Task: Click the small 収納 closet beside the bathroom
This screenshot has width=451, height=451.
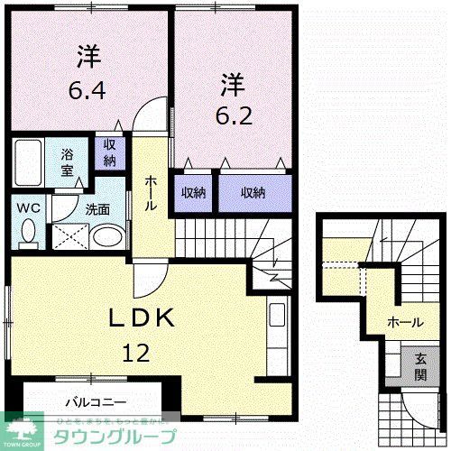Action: tap(108, 154)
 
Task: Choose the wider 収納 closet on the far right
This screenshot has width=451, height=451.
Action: tap(253, 192)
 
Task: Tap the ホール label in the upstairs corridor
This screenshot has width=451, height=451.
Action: tap(152, 192)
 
